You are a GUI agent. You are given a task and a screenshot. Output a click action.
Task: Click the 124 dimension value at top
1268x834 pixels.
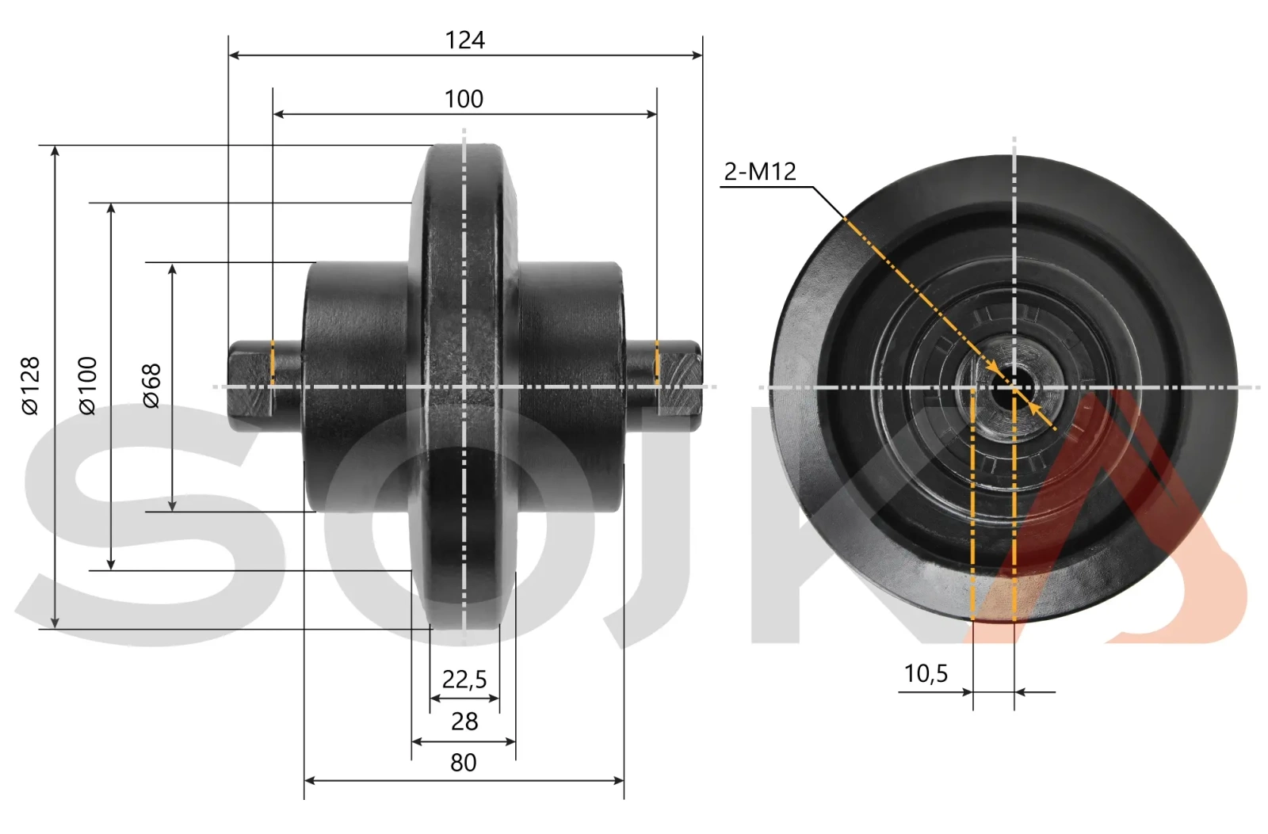click(x=464, y=40)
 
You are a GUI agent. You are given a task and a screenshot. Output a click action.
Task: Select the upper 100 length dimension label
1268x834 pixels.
click(x=464, y=99)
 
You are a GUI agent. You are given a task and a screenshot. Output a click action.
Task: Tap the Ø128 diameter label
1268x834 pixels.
click(x=30, y=386)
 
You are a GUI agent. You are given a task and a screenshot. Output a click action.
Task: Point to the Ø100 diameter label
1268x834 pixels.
click(x=88, y=386)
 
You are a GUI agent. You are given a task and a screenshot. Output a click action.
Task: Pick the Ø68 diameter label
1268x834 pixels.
click(x=151, y=386)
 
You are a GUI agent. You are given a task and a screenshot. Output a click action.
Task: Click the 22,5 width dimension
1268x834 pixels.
click(x=464, y=679)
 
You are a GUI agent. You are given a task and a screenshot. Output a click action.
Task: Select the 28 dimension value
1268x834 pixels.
click(x=464, y=722)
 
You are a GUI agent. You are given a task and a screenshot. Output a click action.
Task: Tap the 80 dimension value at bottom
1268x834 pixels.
click(x=464, y=763)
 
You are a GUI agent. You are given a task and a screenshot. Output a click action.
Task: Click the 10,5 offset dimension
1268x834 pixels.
click(x=926, y=674)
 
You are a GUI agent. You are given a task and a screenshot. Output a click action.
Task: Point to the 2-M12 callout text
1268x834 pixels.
click(x=760, y=171)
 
